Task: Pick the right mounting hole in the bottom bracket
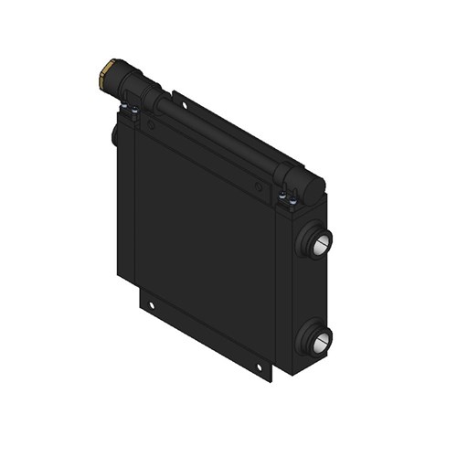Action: point(259,367)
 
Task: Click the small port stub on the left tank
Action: point(115,135)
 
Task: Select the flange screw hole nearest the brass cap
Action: point(153,126)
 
